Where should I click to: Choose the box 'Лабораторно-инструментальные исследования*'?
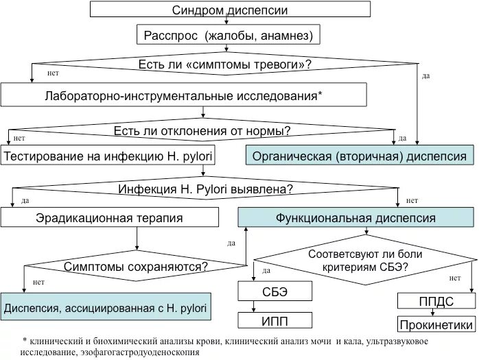tap(183, 95)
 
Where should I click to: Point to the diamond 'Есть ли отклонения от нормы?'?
tap(202, 130)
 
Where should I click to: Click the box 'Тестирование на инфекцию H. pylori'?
tap(108, 156)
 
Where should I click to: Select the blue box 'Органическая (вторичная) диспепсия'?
tap(360, 156)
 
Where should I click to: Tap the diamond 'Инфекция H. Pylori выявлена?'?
tap(206, 189)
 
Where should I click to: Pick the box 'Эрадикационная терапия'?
tap(109, 218)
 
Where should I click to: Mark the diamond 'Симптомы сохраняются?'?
tap(137, 265)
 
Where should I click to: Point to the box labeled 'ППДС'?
tap(436, 301)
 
